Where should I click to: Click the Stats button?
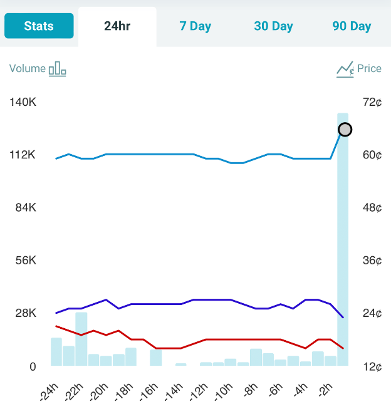(x=39, y=26)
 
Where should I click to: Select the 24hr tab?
(x=117, y=26)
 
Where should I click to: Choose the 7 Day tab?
(x=195, y=26)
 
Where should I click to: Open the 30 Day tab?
(x=273, y=26)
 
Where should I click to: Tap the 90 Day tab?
(x=352, y=26)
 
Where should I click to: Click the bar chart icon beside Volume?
(x=58, y=69)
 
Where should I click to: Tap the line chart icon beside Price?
(x=345, y=69)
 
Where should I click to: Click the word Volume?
(x=28, y=69)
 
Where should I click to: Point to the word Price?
(x=369, y=69)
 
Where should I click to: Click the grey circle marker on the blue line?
(x=345, y=130)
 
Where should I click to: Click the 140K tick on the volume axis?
(x=23, y=102)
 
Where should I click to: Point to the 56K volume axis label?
(x=26, y=261)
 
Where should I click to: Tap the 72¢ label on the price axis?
(x=372, y=102)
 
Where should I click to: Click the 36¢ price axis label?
(x=372, y=261)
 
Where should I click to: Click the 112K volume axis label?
(x=23, y=155)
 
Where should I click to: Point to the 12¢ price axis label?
(x=372, y=366)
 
